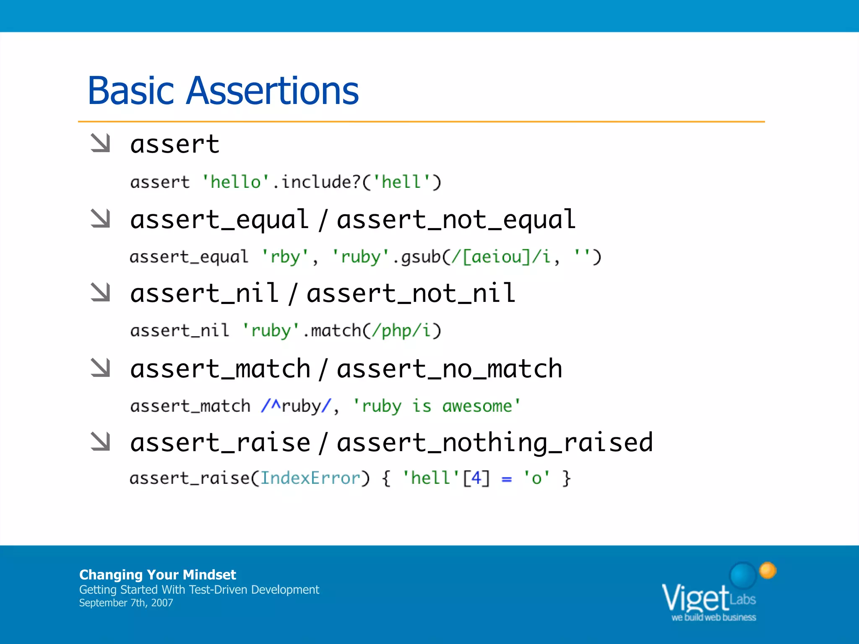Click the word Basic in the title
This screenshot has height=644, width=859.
[x=130, y=91]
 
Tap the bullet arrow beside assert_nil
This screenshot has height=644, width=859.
[x=100, y=292]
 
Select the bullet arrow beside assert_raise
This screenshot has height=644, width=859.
[x=100, y=441]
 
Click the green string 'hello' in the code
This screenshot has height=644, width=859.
[x=236, y=182]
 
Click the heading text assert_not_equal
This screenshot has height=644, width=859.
[x=456, y=220]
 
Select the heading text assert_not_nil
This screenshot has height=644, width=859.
[x=411, y=293]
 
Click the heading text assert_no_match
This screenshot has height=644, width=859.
[x=450, y=369]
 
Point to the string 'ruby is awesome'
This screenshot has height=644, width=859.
[x=437, y=406]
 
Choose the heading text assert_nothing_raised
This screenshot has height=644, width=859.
[x=495, y=443]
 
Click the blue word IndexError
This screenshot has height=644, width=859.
[x=310, y=478]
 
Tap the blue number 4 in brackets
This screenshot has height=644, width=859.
[x=476, y=478]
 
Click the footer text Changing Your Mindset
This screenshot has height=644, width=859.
[x=158, y=574]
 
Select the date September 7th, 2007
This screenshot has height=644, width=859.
[x=126, y=603]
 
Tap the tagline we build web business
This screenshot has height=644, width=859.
[x=713, y=617]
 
